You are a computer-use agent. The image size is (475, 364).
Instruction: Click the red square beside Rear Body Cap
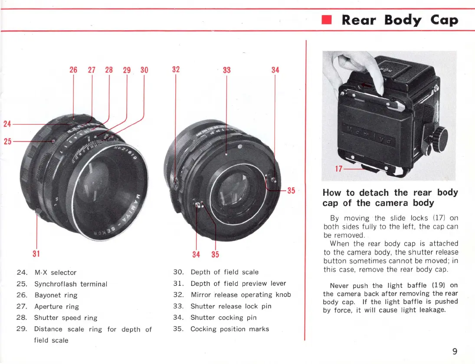pos(327,20)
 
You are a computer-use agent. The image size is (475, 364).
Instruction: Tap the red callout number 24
pos(7,124)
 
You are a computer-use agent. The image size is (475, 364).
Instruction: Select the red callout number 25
pos(7,141)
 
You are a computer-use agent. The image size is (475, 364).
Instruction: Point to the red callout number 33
pos(226,70)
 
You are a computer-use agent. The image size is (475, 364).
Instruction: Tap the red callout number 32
pos(176,70)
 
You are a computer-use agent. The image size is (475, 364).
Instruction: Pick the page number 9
pos(455,351)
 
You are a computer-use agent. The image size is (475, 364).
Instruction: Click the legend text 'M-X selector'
pos(55,273)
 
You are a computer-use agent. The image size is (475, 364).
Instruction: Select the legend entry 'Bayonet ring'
pos(56,295)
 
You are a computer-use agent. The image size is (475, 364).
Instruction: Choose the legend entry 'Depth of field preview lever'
pos(238,283)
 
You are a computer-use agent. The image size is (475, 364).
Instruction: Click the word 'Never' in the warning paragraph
pos(340,286)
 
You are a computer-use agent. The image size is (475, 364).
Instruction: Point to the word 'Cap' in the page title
pos(444,20)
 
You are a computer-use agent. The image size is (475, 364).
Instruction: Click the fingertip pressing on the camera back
pos(379,90)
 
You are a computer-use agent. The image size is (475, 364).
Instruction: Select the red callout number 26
pos(73,70)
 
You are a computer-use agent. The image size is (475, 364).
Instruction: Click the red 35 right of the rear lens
pos(291,190)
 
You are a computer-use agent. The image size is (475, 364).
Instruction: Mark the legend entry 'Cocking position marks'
pos(229,329)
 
